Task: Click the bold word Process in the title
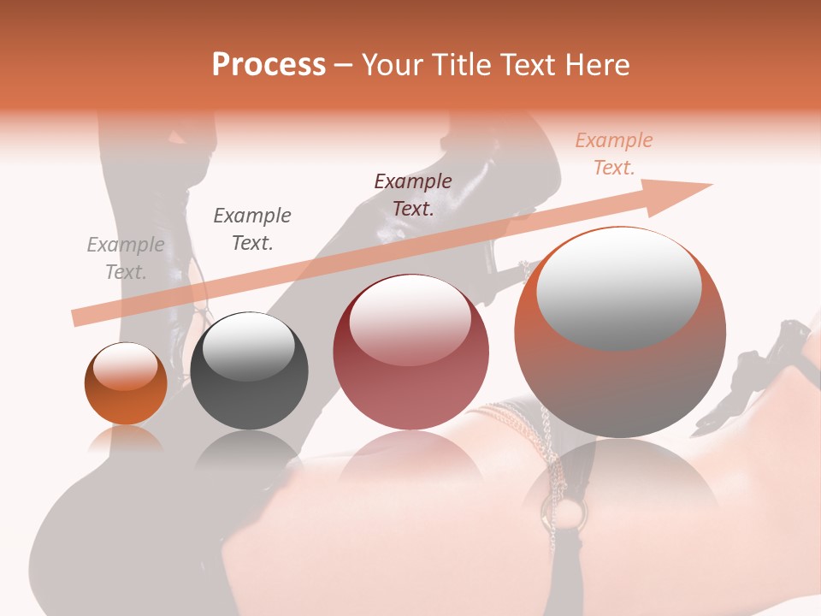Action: coord(269,65)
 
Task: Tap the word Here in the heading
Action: coord(596,65)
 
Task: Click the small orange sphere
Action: coord(126,384)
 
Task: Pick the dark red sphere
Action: coord(410,352)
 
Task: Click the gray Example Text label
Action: coord(126,258)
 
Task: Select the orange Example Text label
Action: coord(614,154)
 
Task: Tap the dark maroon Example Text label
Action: coord(413,194)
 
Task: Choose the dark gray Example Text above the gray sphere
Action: coord(252,229)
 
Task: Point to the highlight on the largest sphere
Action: coord(619,287)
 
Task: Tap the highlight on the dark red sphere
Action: coord(410,319)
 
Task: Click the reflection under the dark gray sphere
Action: coord(249,449)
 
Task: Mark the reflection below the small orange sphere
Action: coord(126,438)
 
